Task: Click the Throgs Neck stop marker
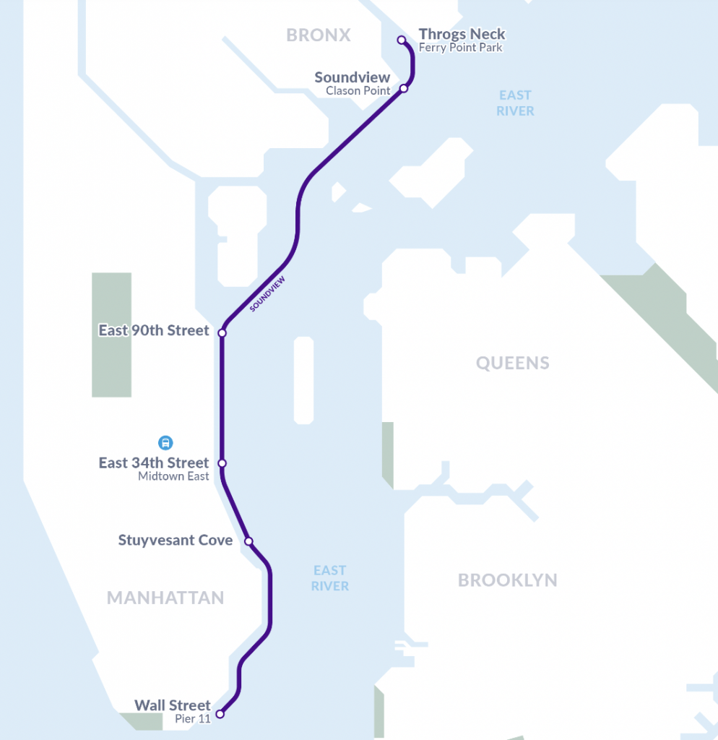click(402, 40)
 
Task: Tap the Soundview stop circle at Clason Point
click(404, 88)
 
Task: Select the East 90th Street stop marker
click(222, 333)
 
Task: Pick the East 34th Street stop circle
click(222, 463)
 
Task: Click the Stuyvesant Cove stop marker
click(248, 541)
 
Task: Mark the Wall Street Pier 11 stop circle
click(220, 714)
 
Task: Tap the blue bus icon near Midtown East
click(165, 442)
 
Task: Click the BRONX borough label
click(318, 35)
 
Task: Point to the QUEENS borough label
click(512, 363)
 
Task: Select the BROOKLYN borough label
click(507, 580)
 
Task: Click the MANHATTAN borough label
click(165, 598)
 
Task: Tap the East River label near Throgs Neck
click(515, 103)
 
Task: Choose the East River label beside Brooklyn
click(329, 578)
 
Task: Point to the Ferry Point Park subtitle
click(461, 48)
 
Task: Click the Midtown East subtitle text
click(173, 476)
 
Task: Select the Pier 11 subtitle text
click(192, 719)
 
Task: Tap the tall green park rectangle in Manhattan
click(111, 334)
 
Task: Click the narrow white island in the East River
click(303, 379)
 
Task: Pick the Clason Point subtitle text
click(358, 90)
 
